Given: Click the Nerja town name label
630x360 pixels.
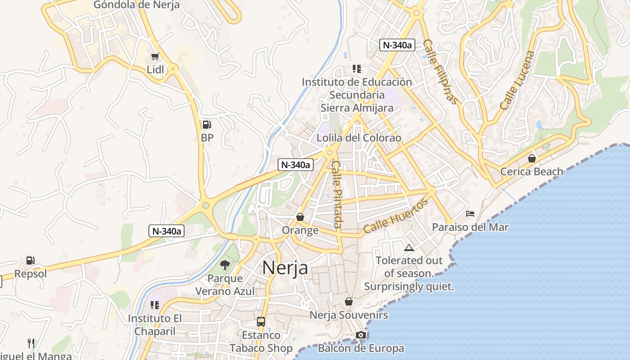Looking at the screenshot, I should pyautogui.click(x=285, y=268).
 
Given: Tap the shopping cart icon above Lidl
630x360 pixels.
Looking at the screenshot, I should pyautogui.click(x=155, y=56).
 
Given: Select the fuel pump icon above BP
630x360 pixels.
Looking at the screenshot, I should pyautogui.click(x=207, y=124).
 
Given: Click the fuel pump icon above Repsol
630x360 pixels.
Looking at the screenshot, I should pyautogui.click(x=30, y=260).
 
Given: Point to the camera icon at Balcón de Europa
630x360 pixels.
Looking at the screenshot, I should pyautogui.click(x=360, y=335).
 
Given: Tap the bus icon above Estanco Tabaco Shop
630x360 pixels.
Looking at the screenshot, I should pyautogui.click(x=261, y=321).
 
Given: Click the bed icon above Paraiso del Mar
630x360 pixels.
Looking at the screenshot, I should pyautogui.click(x=470, y=214).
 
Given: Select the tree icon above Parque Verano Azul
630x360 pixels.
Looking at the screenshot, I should pyautogui.click(x=225, y=265).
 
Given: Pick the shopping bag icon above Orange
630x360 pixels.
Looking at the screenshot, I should pyautogui.click(x=300, y=217).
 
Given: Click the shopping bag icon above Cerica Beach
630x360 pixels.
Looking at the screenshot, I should pyautogui.click(x=532, y=158).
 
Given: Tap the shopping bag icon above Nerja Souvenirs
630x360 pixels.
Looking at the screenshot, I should pyautogui.click(x=348, y=301).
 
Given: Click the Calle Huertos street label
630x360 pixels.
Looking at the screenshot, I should pyautogui.click(x=396, y=216).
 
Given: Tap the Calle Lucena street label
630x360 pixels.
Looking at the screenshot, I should pyautogui.click(x=517, y=80).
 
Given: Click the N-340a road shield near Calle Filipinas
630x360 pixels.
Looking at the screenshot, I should pyautogui.click(x=397, y=45).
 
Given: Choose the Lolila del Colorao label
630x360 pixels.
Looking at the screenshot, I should pyautogui.click(x=359, y=138).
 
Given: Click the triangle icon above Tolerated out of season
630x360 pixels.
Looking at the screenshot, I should pyautogui.click(x=409, y=247).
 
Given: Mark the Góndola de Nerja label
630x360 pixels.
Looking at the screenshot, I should pyautogui.click(x=136, y=5).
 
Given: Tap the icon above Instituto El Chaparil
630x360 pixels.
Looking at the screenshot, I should pyautogui.click(x=155, y=305).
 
